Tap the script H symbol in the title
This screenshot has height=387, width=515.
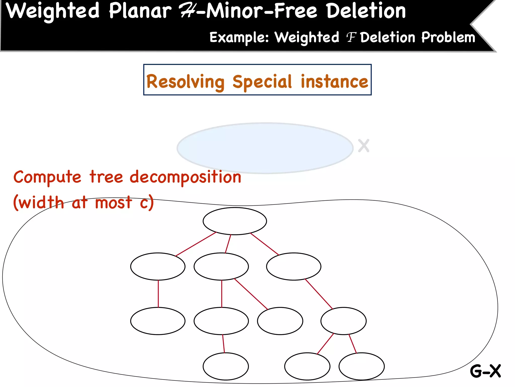187,11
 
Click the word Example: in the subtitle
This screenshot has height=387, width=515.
239,38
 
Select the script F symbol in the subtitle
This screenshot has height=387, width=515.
351,38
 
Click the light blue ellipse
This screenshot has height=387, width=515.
265,148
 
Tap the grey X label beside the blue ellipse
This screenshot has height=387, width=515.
364,146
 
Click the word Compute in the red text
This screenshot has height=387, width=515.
47,177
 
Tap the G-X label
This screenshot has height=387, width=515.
485,371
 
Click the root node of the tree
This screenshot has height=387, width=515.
235,221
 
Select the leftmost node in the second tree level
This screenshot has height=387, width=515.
158,266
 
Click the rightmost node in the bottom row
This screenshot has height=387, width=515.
361,366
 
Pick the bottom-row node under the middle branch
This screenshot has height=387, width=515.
226,366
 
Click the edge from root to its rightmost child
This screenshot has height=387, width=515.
265,244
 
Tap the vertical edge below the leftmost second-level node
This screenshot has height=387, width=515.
158,294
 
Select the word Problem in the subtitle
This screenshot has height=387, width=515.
448,38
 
